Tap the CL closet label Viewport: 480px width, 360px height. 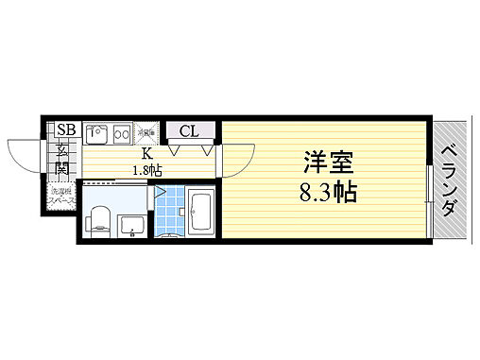pyautogui.click(x=188, y=130)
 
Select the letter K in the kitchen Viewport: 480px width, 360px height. pyautogui.click(x=147, y=153)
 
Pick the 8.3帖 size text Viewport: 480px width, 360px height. pyautogui.click(x=328, y=193)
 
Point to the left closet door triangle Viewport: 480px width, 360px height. pyautogui.click(x=176, y=148)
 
